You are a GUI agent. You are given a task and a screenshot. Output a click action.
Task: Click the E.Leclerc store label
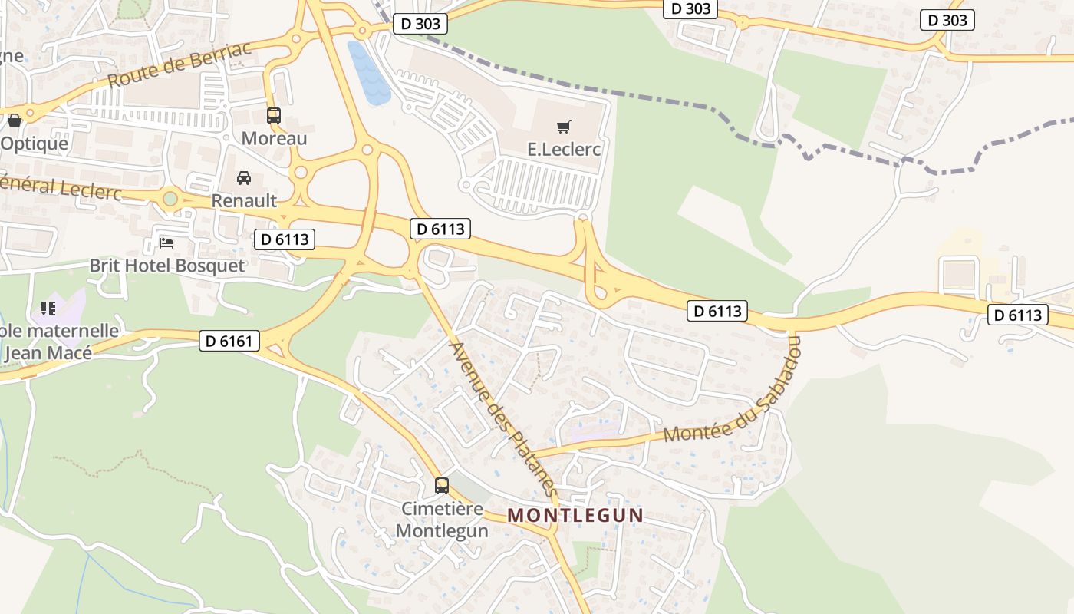tap(564, 149)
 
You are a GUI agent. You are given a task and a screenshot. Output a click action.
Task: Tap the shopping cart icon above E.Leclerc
tap(564, 127)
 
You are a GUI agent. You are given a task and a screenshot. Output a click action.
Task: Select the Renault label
tap(243, 200)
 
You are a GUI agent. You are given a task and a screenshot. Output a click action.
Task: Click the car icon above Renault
tap(243, 178)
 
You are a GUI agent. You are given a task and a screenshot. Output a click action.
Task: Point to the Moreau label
tap(274, 138)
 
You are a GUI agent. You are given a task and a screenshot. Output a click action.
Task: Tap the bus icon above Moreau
tap(274, 116)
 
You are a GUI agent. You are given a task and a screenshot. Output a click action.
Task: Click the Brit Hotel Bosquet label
tap(166, 266)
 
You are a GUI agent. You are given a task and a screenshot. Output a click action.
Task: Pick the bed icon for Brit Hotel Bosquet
tap(166, 243)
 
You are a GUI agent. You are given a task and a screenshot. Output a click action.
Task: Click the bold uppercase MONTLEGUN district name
tap(575, 515)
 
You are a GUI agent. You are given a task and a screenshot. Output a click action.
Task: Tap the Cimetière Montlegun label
tap(442, 520)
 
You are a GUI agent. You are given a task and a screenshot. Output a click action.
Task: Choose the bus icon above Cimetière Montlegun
tap(442, 486)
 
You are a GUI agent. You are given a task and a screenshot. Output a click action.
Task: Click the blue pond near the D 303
tap(367, 72)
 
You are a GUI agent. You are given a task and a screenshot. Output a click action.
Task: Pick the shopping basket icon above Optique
tap(14, 120)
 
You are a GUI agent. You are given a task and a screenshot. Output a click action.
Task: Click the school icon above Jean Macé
tap(48, 309)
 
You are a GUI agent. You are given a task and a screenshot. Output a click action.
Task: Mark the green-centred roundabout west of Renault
tap(170, 200)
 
